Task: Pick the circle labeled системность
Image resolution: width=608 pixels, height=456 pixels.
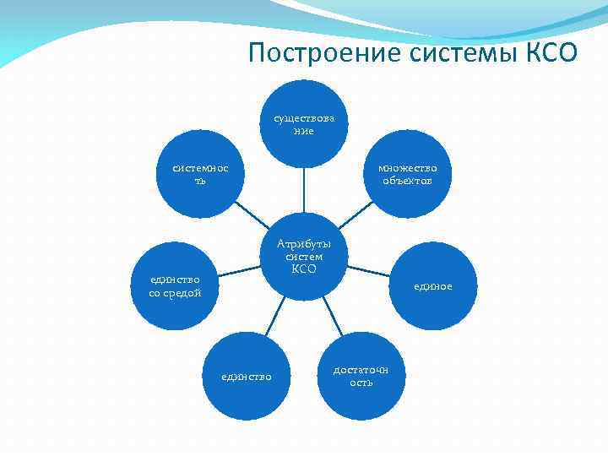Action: click(200, 174)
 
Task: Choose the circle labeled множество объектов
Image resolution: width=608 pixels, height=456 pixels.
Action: click(408, 174)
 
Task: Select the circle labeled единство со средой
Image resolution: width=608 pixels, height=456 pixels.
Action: click(175, 285)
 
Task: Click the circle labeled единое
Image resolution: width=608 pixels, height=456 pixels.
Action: click(433, 285)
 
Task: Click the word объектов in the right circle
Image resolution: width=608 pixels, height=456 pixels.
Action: click(408, 181)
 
